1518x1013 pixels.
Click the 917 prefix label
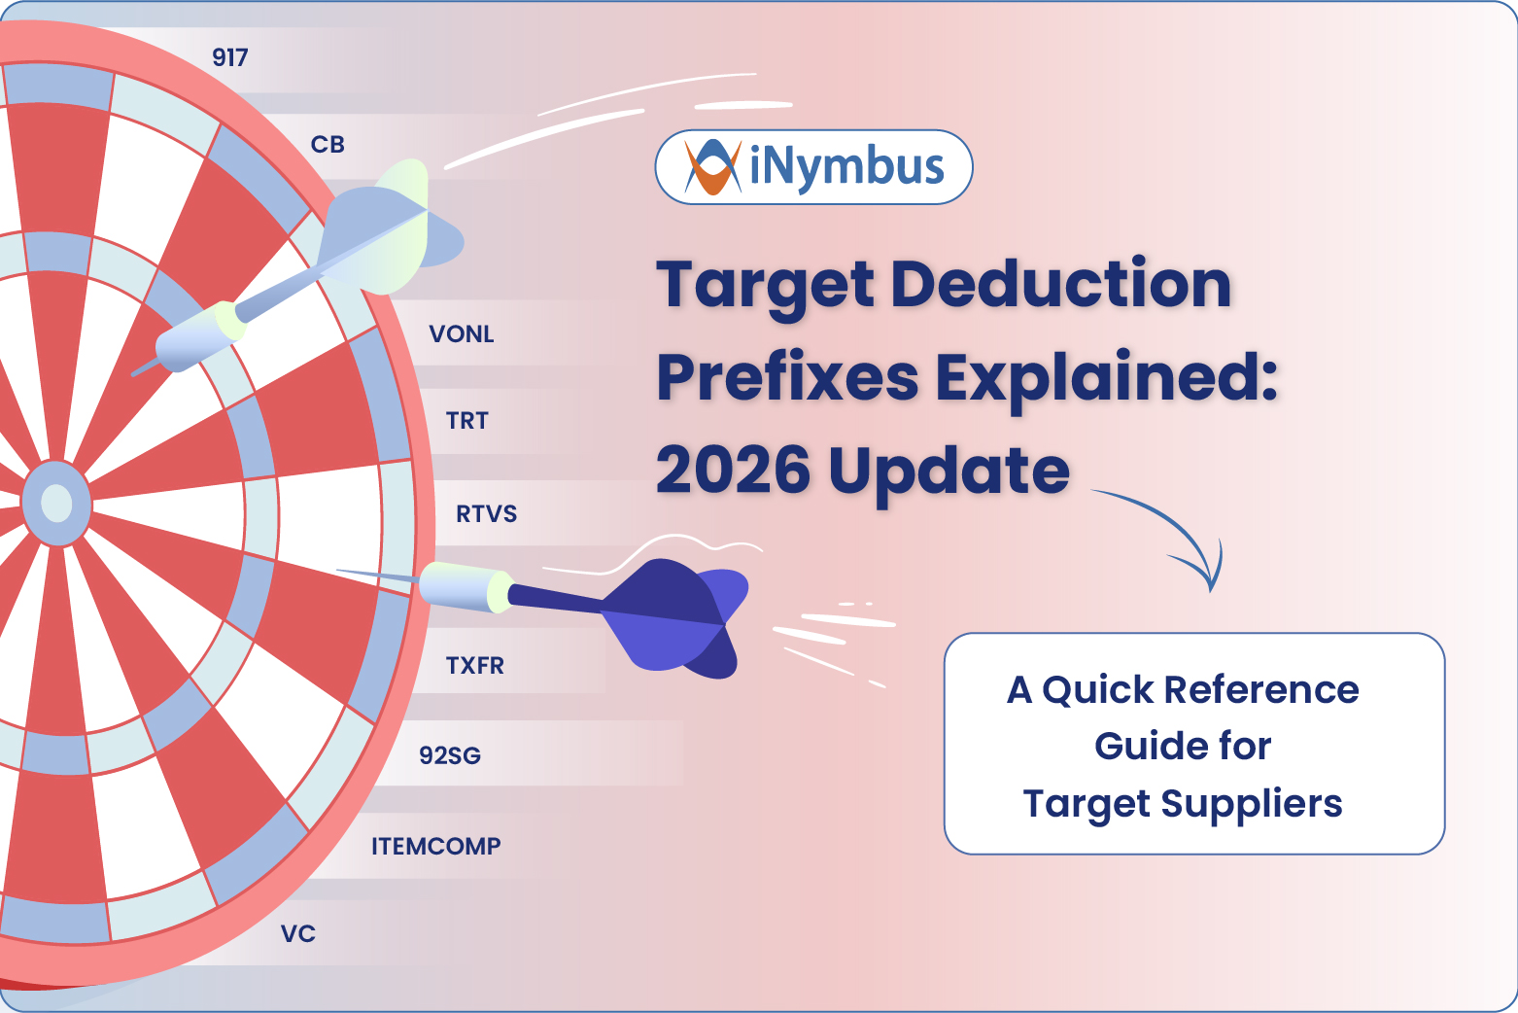click(x=230, y=57)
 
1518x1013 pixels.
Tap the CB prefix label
click(x=328, y=145)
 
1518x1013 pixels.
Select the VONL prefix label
click(x=462, y=334)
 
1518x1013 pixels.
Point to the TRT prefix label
click(x=466, y=421)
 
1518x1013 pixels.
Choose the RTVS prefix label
click(x=486, y=514)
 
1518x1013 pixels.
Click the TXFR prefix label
click(x=474, y=666)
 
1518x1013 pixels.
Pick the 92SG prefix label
click(x=450, y=755)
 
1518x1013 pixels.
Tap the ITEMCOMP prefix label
click(x=435, y=846)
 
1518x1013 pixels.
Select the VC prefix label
click(x=298, y=934)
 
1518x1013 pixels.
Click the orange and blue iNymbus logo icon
click(x=712, y=167)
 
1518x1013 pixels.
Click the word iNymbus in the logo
click(x=846, y=167)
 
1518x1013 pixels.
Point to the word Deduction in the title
click(x=1060, y=284)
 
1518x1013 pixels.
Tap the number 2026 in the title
click(x=733, y=471)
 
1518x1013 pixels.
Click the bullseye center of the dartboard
click(x=56, y=504)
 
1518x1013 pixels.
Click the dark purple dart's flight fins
click(x=680, y=617)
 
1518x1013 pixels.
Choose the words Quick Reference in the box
click(x=1200, y=689)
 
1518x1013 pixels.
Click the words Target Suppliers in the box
click(x=1183, y=804)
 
